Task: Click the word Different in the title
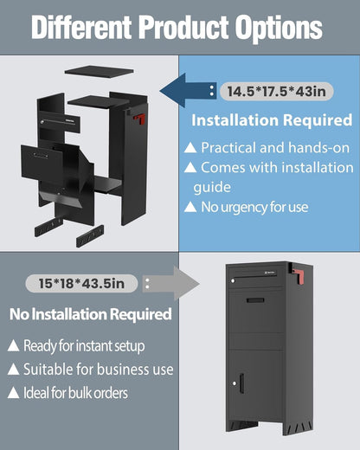[81, 27]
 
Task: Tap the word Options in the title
[279, 29]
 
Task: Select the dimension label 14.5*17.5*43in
[276, 92]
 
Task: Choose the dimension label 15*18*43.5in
[81, 283]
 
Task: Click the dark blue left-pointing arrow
[188, 90]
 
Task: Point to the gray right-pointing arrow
[170, 283]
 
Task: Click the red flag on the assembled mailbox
[299, 276]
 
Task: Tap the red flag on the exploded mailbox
[140, 119]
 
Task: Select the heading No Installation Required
[91, 314]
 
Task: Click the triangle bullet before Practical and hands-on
[190, 148]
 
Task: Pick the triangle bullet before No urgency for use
[190, 207]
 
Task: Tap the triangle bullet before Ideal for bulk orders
[13, 393]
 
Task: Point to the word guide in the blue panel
[212, 188]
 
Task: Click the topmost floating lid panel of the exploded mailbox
[100, 72]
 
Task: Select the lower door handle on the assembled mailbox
[241, 383]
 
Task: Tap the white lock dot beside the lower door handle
[235, 383]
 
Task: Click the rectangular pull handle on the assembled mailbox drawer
[255, 300]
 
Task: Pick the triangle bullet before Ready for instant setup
[13, 345]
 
